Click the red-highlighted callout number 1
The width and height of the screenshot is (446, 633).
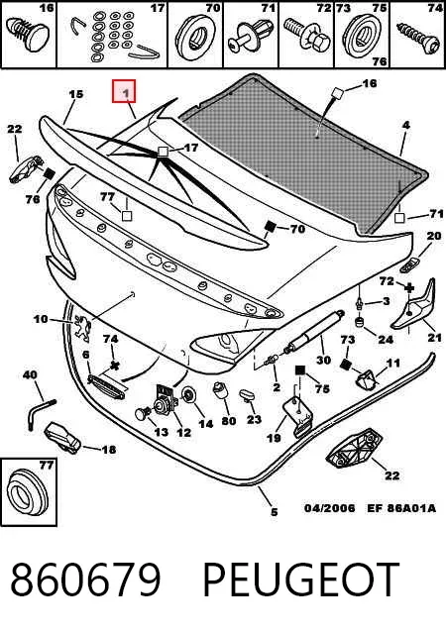[x=124, y=92]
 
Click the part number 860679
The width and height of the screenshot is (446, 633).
[x=85, y=579]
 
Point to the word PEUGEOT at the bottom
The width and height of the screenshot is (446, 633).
[x=300, y=579]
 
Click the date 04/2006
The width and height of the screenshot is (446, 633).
[x=330, y=508]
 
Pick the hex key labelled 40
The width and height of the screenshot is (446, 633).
[x=40, y=412]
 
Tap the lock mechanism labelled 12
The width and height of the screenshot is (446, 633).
[x=167, y=400]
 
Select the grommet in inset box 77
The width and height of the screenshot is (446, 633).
[x=28, y=493]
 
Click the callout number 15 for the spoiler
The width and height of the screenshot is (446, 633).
[x=75, y=94]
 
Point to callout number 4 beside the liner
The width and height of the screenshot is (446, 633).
[x=405, y=125]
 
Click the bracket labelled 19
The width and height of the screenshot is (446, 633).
[x=299, y=417]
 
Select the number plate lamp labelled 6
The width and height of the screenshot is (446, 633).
[x=106, y=385]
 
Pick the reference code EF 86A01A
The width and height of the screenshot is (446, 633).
[x=401, y=508]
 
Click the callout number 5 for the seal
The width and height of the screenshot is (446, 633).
[x=274, y=512]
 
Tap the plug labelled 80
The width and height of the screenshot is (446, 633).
[x=220, y=389]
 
